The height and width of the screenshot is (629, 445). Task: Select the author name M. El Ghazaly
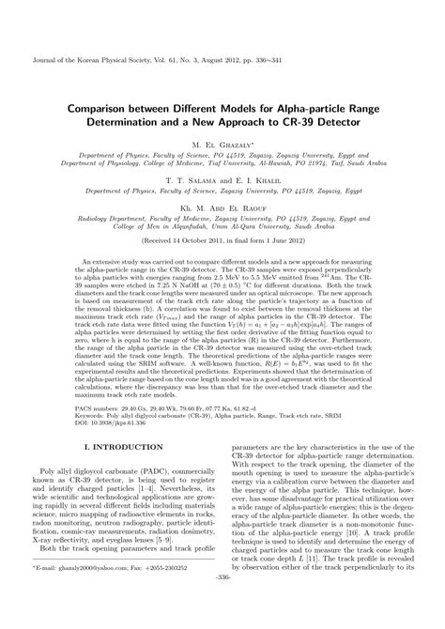coord(222,146)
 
